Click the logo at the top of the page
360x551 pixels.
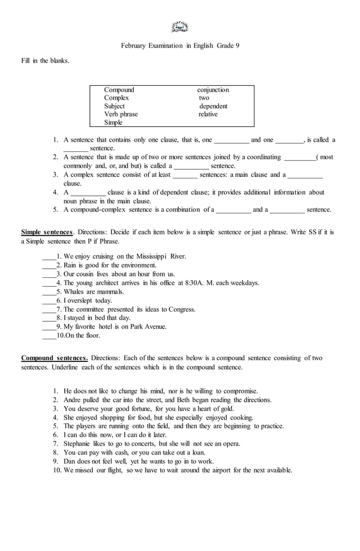point(179,27)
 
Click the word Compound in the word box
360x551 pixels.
point(119,90)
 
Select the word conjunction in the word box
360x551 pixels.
point(213,90)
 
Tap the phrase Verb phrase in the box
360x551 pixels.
point(121,114)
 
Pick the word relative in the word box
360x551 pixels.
point(208,114)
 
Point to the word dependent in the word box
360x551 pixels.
point(213,106)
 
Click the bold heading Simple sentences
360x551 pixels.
point(47,232)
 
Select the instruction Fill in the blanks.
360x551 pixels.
point(45,60)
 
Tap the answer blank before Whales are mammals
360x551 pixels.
point(49,292)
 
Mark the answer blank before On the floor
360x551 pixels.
point(49,336)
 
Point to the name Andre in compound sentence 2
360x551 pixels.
point(73,400)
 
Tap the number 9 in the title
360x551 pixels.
point(237,45)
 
